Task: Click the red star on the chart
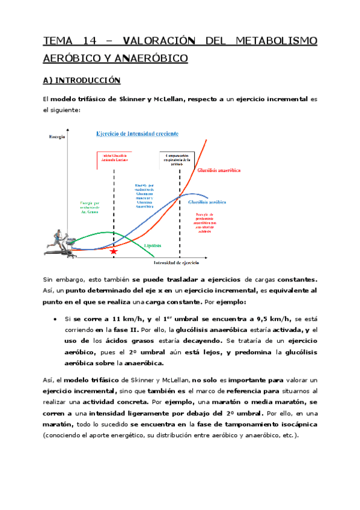click(x=114, y=251)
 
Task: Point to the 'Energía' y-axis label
click(x=57, y=138)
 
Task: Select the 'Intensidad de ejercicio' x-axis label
click(x=176, y=263)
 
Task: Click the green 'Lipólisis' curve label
click(x=155, y=245)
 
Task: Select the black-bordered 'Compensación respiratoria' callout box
click(x=178, y=159)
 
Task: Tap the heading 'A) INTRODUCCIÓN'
click(x=81, y=80)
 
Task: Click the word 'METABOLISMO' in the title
click(x=275, y=41)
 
